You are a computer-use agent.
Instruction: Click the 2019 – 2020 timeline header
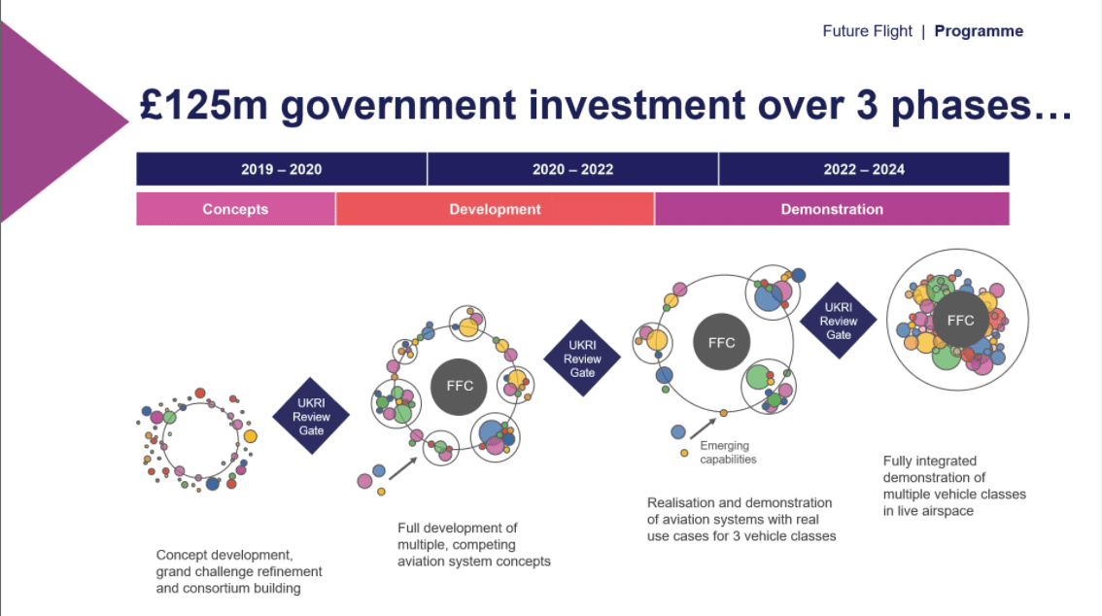pos(281,169)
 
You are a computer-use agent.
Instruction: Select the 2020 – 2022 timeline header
pos(572,169)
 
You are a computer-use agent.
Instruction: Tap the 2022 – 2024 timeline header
pos(865,169)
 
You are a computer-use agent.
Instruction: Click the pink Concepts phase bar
pos(235,209)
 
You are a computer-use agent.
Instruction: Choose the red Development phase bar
pos(495,209)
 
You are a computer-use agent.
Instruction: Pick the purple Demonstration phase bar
pos(832,209)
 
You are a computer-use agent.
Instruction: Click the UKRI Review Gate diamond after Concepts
pos(311,417)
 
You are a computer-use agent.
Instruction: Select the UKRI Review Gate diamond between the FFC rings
pos(582,359)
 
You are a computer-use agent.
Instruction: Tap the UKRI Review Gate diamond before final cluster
pos(839,321)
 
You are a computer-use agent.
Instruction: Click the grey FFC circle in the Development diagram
pos(459,387)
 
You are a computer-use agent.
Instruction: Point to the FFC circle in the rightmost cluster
pos(961,321)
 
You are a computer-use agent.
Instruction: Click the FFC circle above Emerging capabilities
pos(722,343)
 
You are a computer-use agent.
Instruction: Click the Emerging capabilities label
pos(728,453)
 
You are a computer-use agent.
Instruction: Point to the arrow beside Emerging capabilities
pos(703,428)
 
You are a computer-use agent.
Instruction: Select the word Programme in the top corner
pos(979,32)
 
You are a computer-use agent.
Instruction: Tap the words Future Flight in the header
pos(867,32)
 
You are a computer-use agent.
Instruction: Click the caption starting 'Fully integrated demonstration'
pos(954,486)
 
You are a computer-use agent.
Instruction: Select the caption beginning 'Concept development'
pos(239,571)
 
